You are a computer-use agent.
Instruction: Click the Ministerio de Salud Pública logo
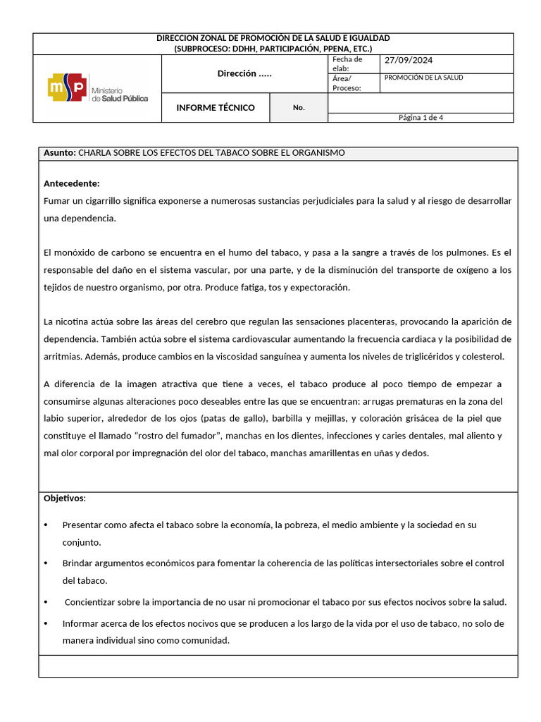pos(97,89)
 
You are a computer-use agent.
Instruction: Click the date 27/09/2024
pos(408,61)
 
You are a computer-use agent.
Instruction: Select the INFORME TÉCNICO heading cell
pos(215,108)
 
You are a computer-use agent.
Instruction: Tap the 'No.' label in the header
pos(299,108)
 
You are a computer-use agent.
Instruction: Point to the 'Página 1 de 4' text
pos(421,118)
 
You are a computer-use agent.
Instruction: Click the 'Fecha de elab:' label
pos(347,63)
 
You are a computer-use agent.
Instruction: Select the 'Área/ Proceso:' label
pos(347,83)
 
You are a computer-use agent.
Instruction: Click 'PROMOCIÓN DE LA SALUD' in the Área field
pos(423,78)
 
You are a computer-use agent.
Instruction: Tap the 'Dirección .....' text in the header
pos(244,73)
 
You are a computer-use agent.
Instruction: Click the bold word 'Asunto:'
pos(60,153)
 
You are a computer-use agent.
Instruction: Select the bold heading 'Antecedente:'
pos(72,183)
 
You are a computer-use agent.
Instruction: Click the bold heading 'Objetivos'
pos(63,498)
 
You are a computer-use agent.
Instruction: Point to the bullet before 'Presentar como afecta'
pos(46,525)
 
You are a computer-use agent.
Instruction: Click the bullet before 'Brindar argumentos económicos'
pos(46,563)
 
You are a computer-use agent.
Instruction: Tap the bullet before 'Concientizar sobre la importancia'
pos(46,602)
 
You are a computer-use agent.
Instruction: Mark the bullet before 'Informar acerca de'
pos(46,624)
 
